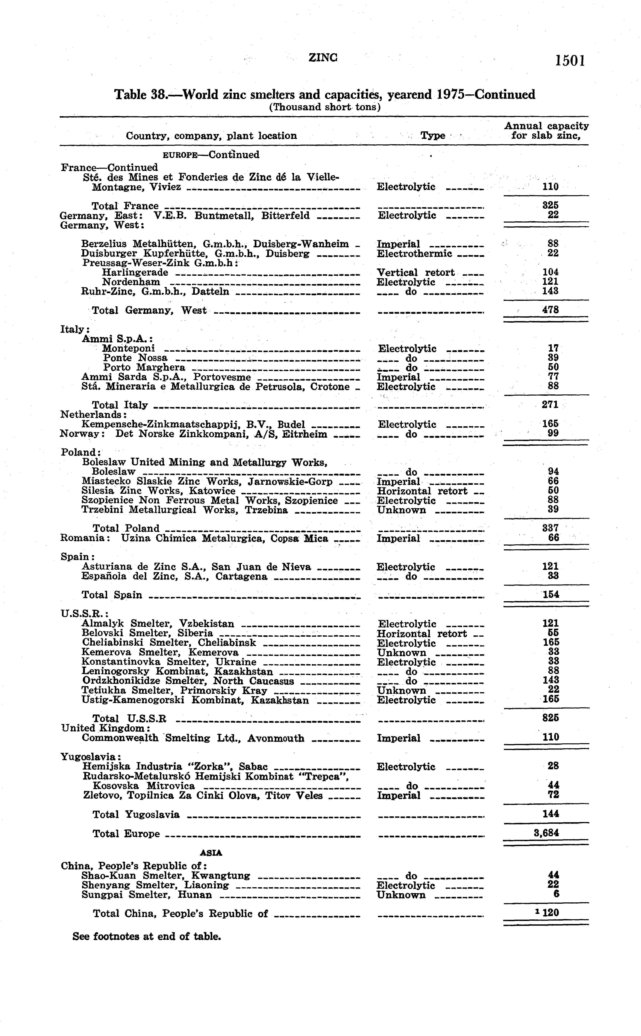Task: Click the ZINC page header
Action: [x=323, y=57]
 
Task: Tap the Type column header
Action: [x=433, y=136]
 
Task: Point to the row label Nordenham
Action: [x=131, y=282]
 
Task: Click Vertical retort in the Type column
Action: [x=415, y=272]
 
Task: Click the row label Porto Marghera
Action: [x=144, y=367]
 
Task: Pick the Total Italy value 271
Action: [x=550, y=404]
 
